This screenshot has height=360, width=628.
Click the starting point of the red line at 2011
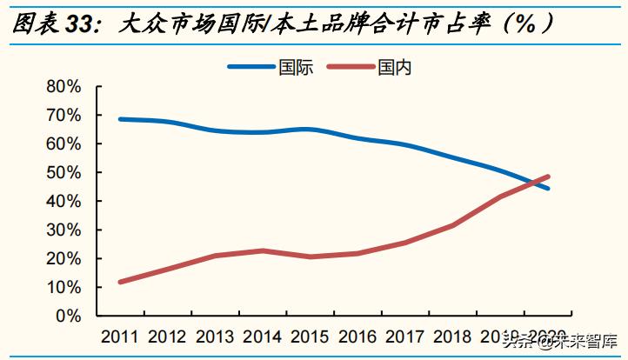[x=120, y=282]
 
